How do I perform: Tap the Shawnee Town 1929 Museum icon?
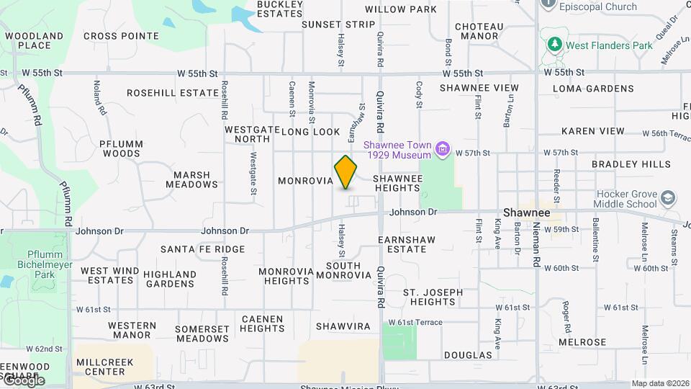[x=443, y=151]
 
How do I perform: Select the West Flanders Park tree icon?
[x=554, y=45]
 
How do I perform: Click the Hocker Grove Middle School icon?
[x=669, y=197]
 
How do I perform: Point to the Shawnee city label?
[x=526, y=213]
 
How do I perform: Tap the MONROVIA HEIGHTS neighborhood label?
[x=286, y=276]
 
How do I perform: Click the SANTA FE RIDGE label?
[x=203, y=249]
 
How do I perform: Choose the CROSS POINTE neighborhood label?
[x=121, y=36]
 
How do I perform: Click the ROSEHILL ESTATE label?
[x=173, y=93]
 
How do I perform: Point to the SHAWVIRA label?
[x=343, y=326]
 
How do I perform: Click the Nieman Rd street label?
[x=537, y=249]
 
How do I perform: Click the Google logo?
[x=23, y=380]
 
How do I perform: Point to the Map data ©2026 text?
[x=660, y=383]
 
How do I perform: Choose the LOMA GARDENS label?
[x=593, y=89]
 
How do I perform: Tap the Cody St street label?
[x=419, y=94]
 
